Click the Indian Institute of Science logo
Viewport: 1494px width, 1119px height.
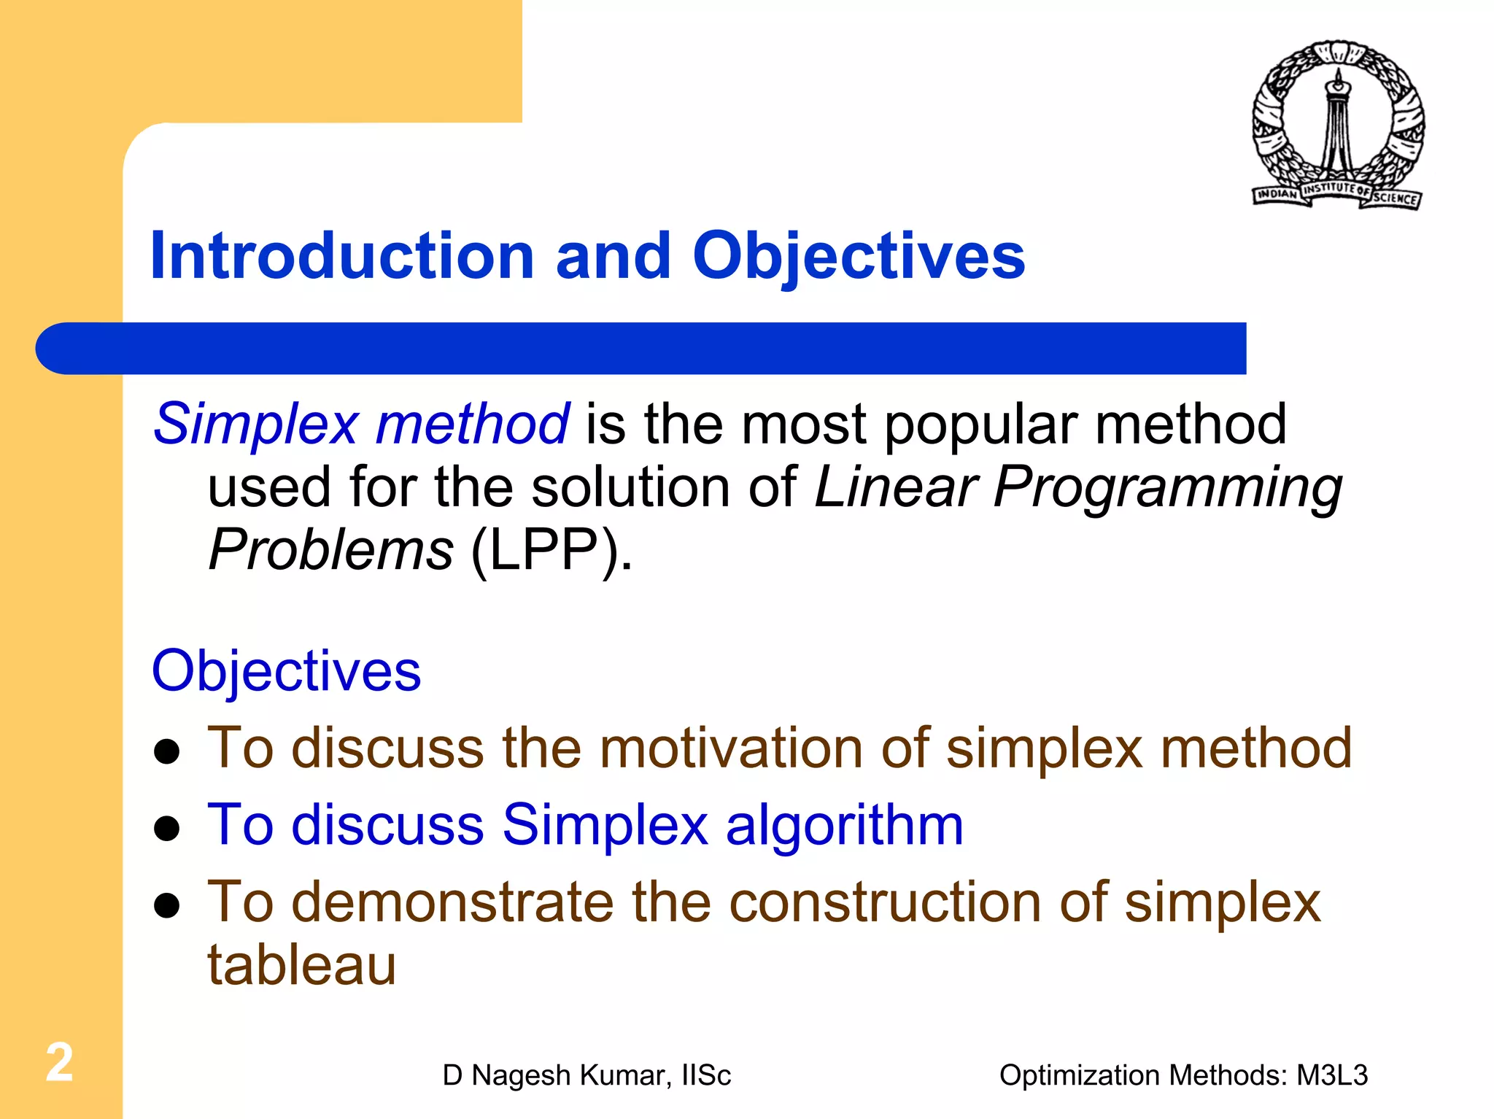point(1337,125)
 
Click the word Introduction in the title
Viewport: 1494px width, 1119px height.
point(342,257)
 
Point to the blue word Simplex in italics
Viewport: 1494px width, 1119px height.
point(256,425)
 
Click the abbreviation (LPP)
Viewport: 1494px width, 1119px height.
point(551,551)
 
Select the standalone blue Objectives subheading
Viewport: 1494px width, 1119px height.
point(286,671)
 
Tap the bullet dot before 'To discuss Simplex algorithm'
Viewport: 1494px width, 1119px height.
point(168,829)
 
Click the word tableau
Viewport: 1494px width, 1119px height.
point(301,965)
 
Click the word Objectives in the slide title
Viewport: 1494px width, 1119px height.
point(859,257)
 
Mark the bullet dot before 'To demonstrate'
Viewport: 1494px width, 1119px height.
point(168,905)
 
